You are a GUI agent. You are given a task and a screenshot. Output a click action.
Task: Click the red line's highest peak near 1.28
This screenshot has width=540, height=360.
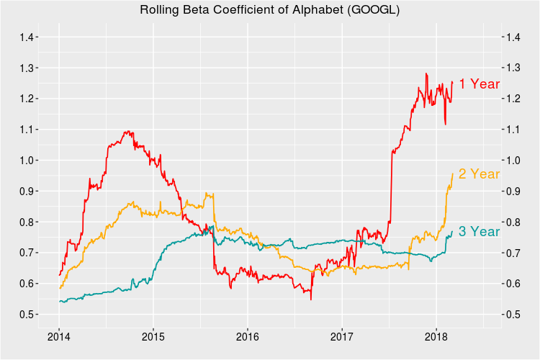[x=426, y=73]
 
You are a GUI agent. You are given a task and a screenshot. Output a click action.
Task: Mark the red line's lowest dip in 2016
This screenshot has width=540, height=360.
[x=311, y=300]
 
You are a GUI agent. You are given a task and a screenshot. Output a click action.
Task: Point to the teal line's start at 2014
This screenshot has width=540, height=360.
[x=60, y=301]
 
